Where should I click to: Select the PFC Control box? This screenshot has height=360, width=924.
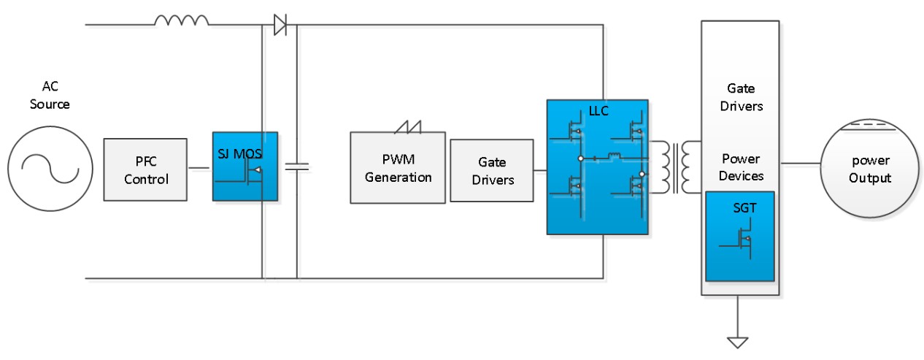pyautogui.click(x=146, y=169)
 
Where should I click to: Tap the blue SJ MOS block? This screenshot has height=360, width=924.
pyautogui.click(x=245, y=166)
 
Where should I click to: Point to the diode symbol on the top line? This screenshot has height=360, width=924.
pyautogui.click(x=280, y=25)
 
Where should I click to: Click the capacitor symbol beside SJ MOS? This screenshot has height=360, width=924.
pyautogui.click(x=296, y=166)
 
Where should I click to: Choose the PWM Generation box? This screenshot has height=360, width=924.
pyautogui.click(x=398, y=167)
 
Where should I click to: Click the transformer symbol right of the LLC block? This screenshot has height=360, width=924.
pyautogui.click(x=674, y=166)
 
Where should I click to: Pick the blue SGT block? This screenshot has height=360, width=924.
pyautogui.click(x=739, y=236)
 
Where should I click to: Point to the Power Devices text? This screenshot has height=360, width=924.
pyautogui.click(x=740, y=167)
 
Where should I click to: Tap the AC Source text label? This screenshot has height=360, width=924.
pyautogui.click(x=50, y=96)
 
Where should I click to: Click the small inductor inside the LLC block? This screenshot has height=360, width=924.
pyautogui.click(x=614, y=156)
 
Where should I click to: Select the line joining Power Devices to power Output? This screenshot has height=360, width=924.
pyautogui.click(x=800, y=162)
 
